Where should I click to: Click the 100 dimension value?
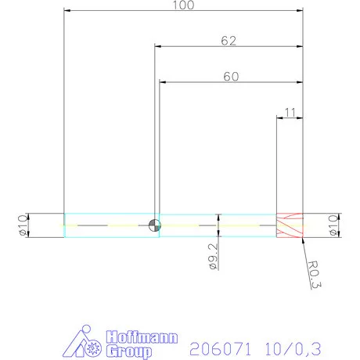click(x=184, y=5)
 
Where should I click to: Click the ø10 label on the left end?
click(x=21, y=225)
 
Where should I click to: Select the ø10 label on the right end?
click(x=333, y=225)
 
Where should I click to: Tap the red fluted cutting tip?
click(x=290, y=225)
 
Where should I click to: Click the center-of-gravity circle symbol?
click(x=155, y=225)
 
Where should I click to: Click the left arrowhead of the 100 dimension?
click(x=67, y=11)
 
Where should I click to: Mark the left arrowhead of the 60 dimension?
click(x=163, y=81)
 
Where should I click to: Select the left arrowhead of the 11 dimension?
click(x=280, y=118)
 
